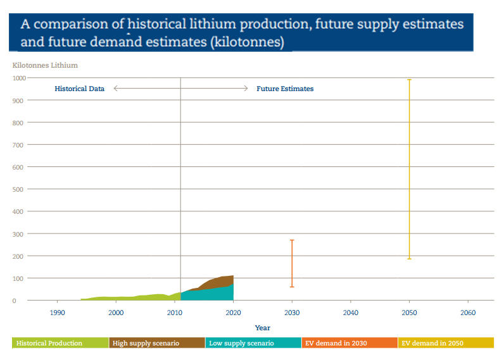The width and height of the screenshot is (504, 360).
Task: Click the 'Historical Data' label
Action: (x=79, y=89)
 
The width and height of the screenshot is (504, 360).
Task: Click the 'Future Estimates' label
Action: (x=285, y=89)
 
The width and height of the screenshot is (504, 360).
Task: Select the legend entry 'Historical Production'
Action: (x=49, y=343)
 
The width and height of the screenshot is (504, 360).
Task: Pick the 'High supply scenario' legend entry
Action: (x=146, y=343)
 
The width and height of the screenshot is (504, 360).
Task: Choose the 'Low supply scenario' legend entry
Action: (x=241, y=343)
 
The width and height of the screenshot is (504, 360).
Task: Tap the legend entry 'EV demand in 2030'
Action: (x=336, y=343)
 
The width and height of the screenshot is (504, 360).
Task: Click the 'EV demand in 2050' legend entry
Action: (x=432, y=343)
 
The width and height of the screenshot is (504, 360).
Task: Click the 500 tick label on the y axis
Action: (x=18, y=189)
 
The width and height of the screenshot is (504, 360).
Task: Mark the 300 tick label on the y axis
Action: (x=18, y=234)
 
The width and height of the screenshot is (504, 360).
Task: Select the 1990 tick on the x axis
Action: (x=58, y=313)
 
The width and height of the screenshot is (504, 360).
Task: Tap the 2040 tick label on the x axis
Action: (x=350, y=313)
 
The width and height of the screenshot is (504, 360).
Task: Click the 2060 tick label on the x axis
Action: (x=468, y=313)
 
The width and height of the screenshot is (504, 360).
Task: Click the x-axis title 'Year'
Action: (x=262, y=328)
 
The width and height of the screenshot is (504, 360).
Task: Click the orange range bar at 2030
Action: (x=292, y=263)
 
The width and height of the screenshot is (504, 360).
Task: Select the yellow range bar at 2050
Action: (x=409, y=169)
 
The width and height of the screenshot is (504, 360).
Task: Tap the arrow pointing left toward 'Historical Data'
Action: (x=117, y=89)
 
